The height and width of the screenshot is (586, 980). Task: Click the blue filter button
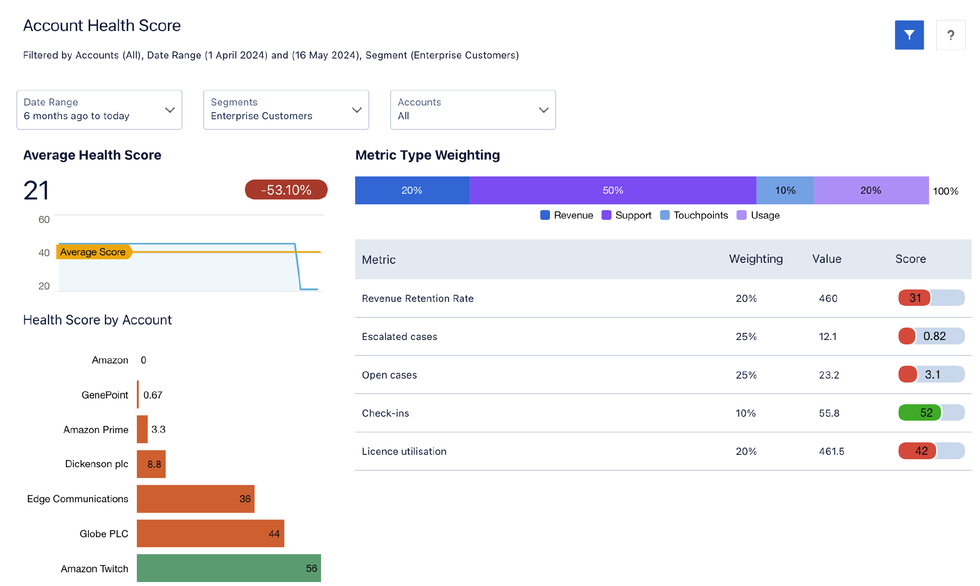[909, 35]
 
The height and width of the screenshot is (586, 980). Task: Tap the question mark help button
[950, 35]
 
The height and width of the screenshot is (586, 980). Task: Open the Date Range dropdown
[99, 110]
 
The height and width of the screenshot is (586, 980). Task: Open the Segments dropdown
[286, 110]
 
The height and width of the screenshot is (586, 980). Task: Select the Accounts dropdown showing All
[473, 110]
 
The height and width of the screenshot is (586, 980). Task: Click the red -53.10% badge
[286, 190]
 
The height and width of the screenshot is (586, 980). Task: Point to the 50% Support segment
[613, 191]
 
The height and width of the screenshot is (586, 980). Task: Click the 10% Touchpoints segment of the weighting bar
[785, 191]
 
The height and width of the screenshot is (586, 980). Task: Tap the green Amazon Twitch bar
[229, 568]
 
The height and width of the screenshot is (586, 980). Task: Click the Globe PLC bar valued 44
[210, 533]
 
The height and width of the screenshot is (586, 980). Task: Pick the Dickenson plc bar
[151, 464]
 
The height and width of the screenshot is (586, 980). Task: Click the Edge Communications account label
[77, 499]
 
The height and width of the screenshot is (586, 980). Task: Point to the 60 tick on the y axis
[44, 220]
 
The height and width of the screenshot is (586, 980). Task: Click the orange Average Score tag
[93, 252]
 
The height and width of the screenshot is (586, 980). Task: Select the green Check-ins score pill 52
[920, 413]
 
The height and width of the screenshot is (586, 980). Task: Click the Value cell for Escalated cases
[828, 336]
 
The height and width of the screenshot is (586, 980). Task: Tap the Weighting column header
[756, 259]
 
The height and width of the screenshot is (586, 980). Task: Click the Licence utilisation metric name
[404, 451]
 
